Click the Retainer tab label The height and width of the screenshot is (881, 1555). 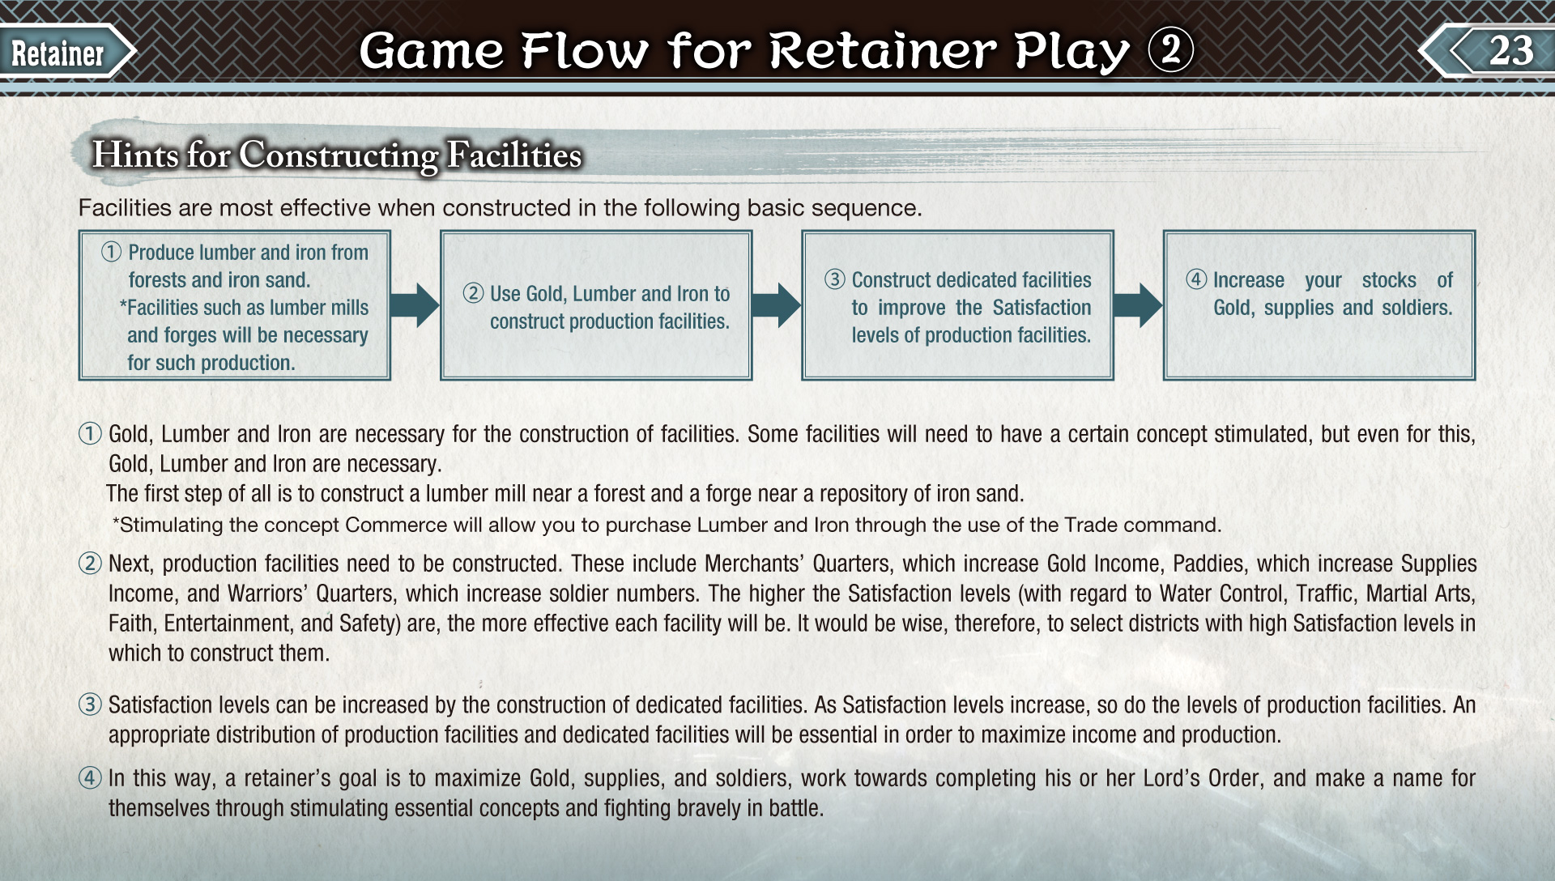[x=58, y=53]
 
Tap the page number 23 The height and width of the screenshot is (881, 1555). [x=1511, y=50]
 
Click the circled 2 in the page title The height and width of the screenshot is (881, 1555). [x=1170, y=50]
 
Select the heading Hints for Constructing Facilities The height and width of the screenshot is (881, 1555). [x=337, y=155]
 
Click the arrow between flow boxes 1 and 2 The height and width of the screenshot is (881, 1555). [x=415, y=305]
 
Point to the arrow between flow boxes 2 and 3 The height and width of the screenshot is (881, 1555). [x=776, y=305]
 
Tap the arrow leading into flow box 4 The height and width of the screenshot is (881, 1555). [x=1138, y=305]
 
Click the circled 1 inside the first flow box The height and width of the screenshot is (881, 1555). [x=111, y=252]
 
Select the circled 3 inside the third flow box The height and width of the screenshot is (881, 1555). [x=835, y=279]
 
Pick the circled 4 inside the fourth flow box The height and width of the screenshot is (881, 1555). [x=1196, y=279]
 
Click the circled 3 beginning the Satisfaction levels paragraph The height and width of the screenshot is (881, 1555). [x=90, y=704]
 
